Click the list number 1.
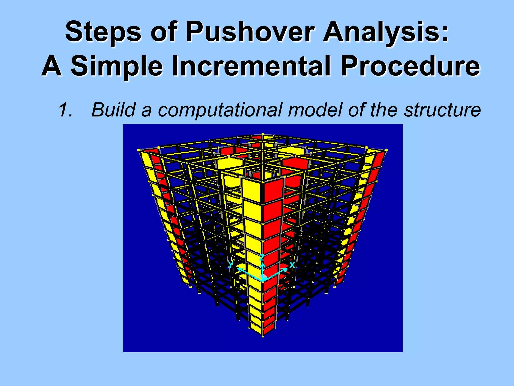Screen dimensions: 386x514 (65, 110)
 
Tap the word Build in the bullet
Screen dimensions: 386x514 (113, 110)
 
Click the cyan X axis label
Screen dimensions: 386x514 (292, 265)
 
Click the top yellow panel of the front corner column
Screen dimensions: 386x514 (252, 191)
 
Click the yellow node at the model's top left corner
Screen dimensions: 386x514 (139, 150)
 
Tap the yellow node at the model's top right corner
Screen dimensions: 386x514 (386, 150)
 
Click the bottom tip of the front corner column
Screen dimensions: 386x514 (263, 336)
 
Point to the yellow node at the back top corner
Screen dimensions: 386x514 (263, 134)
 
